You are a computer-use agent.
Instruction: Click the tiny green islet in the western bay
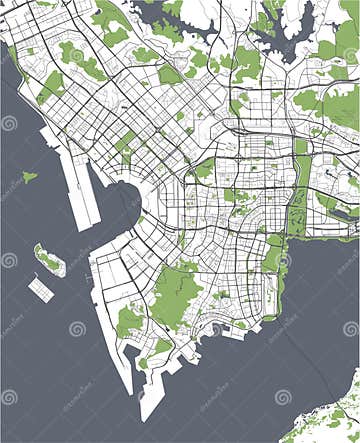[x=29, y=177]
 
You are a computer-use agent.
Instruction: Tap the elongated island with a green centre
[x=49, y=262]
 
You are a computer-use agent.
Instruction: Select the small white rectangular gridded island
[x=41, y=289]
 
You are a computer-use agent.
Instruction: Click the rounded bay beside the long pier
[x=116, y=200]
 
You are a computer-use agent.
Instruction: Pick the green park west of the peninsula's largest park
[x=129, y=321]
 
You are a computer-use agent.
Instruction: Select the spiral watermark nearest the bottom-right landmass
[x=283, y=397]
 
